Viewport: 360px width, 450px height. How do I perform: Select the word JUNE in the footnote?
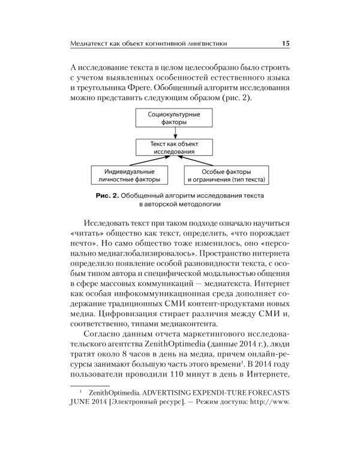click(82, 420)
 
